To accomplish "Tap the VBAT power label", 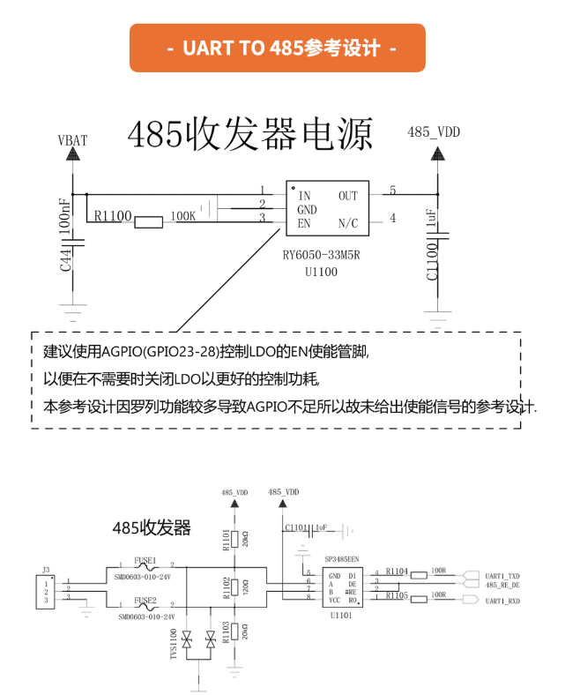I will [x=72, y=141].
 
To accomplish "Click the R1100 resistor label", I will [x=112, y=216].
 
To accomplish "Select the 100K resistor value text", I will [x=182, y=216].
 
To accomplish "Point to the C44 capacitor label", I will [x=66, y=259].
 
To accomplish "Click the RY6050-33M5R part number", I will [x=323, y=257].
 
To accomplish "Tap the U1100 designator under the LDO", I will [x=322, y=273].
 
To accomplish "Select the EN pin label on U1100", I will [x=304, y=223].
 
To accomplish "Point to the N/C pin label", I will [x=348, y=223].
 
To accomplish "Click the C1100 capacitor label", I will [x=432, y=262].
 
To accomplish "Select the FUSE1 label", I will [x=145, y=560].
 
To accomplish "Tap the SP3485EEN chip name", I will [x=341, y=559].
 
